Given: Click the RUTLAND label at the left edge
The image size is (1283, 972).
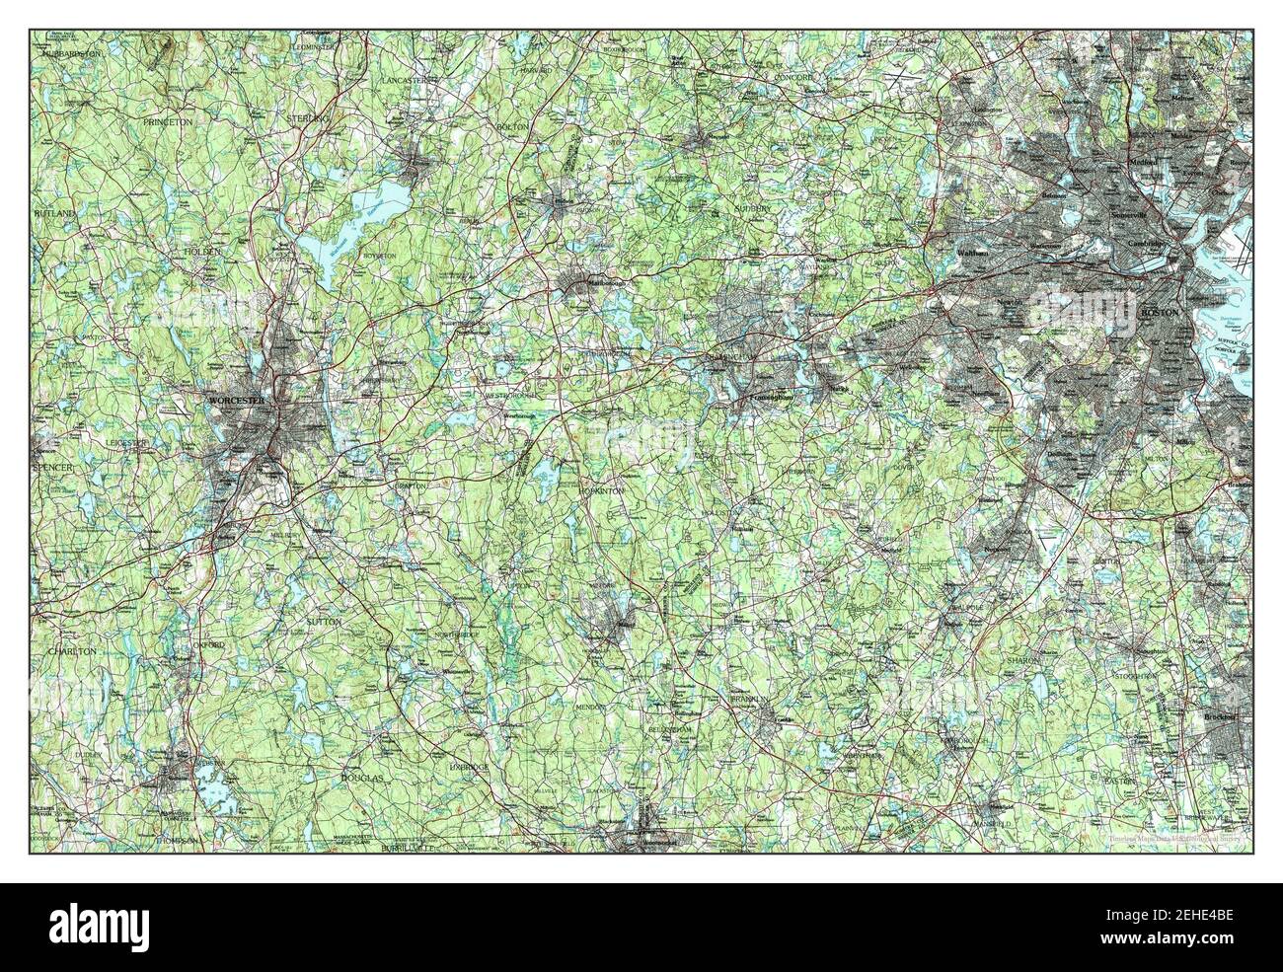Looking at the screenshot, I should point(53,212).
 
